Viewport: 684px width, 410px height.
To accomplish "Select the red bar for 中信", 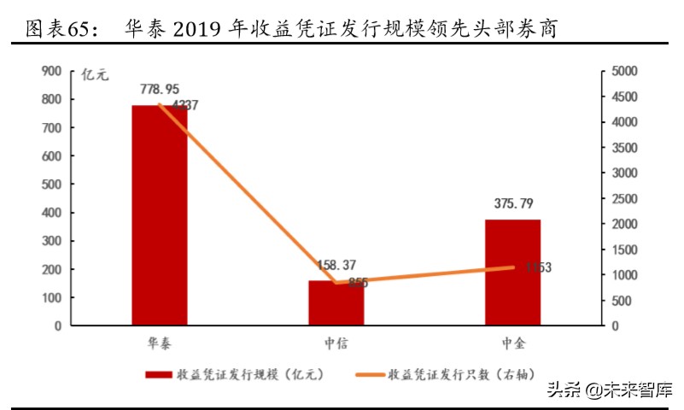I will [x=336, y=302].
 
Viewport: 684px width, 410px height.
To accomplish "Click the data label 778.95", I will [x=160, y=89].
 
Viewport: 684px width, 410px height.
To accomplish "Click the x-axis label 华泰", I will [x=160, y=343].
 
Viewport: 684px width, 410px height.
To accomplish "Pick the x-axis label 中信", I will [x=336, y=343].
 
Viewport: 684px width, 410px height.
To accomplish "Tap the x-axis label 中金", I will [x=513, y=343].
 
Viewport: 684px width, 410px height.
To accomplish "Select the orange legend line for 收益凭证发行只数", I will [x=368, y=374].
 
